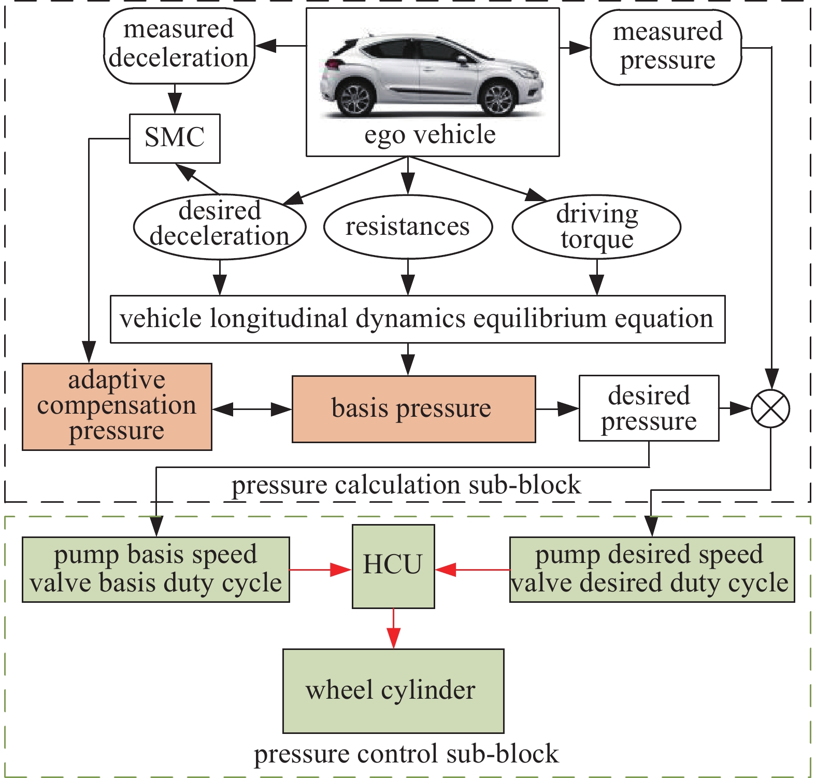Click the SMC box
point(175,138)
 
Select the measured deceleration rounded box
point(179,46)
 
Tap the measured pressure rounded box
point(666,47)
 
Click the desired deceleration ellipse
point(220,227)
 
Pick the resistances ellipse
point(408,227)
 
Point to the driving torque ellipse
point(596,227)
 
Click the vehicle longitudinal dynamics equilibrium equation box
point(417,319)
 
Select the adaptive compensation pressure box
point(117,406)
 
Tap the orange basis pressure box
point(413,409)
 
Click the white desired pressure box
point(649,408)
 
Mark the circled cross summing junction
point(770,409)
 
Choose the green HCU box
point(393,566)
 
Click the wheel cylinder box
point(393,690)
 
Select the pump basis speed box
point(155,569)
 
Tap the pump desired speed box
point(652,569)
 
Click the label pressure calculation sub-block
point(406,486)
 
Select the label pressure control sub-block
point(406,754)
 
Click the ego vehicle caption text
point(430,135)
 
